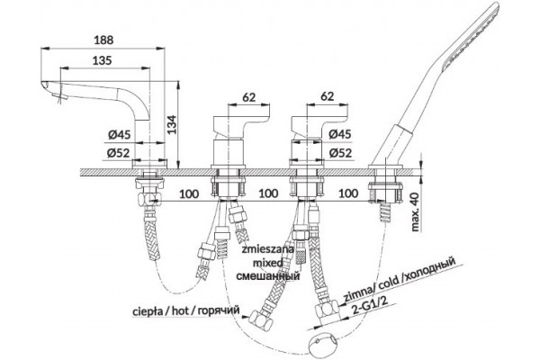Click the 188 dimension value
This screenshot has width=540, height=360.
tap(103, 40)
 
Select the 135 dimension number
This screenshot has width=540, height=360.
tap(103, 60)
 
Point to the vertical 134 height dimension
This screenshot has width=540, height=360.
tap(172, 124)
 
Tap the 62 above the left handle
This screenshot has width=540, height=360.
tap(249, 97)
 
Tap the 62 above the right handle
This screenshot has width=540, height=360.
tap(327, 96)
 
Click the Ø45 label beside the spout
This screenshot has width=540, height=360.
tap(119, 135)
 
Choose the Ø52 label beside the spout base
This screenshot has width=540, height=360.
tap(118, 153)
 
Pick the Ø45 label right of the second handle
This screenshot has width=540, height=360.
tap(340, 134)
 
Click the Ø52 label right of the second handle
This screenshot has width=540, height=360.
tap(340, 153)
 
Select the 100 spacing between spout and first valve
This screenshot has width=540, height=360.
tap(189, 193)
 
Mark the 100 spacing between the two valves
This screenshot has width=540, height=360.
tap(268, 193)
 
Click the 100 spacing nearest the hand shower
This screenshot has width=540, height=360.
tap(348, 193)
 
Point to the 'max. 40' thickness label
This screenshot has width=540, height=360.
tap(415, 211)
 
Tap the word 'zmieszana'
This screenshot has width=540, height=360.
tap(267, 249)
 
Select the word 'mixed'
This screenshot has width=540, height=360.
tap(268, 263)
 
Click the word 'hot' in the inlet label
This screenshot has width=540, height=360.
tap(181, 310)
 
